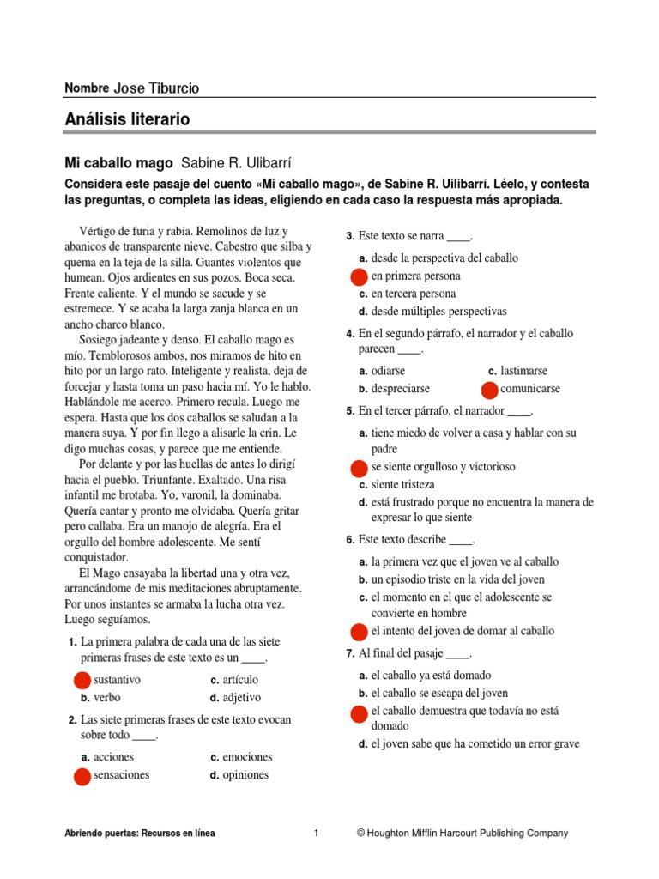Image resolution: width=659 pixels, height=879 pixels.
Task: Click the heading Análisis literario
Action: click(x=127, y=119)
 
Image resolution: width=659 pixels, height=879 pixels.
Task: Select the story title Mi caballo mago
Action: click(x=118, y=163)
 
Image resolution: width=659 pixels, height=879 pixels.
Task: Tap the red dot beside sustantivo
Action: click(x=82, y=680)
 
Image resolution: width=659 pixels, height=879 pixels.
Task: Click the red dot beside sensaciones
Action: click(x=82, y=776)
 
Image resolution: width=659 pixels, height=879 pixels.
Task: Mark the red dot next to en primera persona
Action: click(x=360, y=276)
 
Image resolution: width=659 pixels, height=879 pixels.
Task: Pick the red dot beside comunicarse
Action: click(x=489, y=390)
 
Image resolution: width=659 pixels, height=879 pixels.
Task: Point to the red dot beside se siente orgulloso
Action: click(x=360, y=468)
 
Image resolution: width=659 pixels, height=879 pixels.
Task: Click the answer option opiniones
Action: click(x=245, y=775)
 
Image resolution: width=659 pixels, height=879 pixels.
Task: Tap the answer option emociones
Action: click(x=247, y=757)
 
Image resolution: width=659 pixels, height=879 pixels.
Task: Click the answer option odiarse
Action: click(x=391, y=371)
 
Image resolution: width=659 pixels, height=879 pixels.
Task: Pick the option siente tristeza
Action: click(x=402, y=485)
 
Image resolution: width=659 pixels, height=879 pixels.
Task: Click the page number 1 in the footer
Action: click(x=317, y=833)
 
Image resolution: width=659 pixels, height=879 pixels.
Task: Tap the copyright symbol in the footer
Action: click(x=361, y=833)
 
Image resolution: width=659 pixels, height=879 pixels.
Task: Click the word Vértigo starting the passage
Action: click(x=98, y=233)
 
